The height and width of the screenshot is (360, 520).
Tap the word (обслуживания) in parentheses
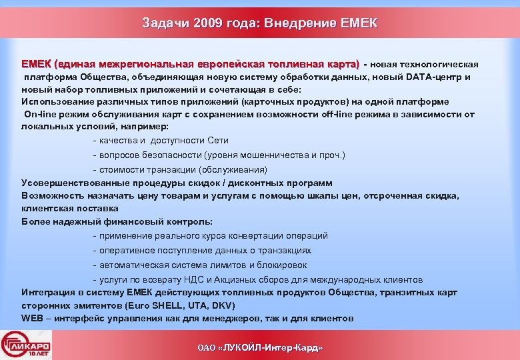coord(235,169)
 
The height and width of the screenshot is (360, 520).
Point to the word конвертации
coord(255,235)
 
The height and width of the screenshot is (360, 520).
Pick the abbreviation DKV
coord(223,305)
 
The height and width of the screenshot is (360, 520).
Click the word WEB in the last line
coord(33,318)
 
